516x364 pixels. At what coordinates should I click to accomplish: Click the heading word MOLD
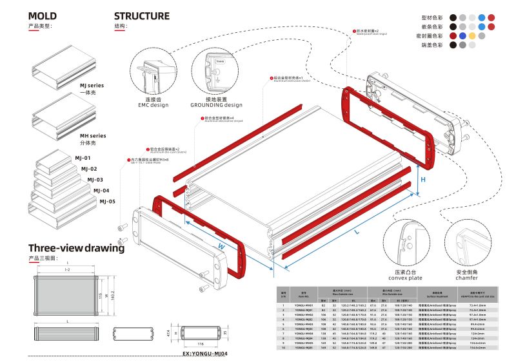point(43,17)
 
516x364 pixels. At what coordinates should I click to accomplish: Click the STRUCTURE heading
point(142,16)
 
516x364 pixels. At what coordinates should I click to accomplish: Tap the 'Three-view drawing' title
point(77,249)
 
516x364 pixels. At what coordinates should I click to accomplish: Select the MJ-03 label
point(95,180)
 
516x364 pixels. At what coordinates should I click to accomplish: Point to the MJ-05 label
point(107,202)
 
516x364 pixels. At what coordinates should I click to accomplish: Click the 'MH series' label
point(93,136)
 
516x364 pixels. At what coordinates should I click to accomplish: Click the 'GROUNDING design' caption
point(216,104)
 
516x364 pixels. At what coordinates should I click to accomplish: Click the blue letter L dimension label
point(356,230)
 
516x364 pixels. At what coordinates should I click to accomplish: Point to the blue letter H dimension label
point(423,181)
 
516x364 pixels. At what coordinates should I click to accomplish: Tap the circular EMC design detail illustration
point(153,73)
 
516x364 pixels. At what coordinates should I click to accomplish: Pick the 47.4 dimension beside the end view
point(170,334)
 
